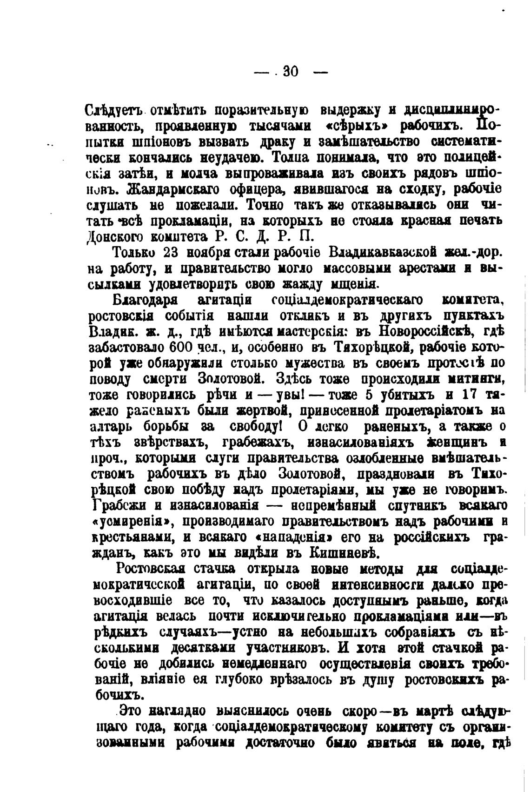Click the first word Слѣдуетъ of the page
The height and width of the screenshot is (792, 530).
point(114,111)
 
